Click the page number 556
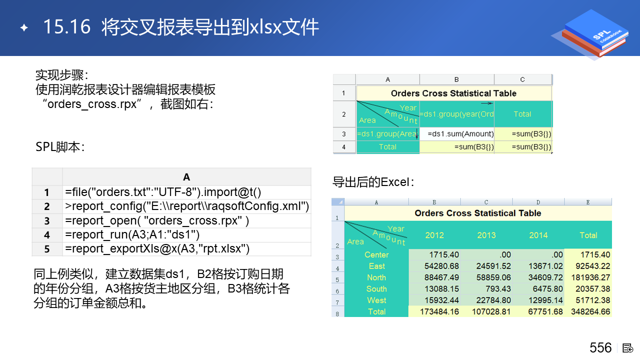[600, 347]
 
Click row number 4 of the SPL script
[47, 235]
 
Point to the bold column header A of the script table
[186, 177]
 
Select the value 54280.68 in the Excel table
[441, 266]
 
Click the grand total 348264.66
[590, 311]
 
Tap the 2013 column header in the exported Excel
[486, 235]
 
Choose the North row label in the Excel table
[376, 277]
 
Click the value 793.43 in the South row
[498, 289]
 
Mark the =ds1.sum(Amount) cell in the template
[460, 133]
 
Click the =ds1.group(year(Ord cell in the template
[456, 114]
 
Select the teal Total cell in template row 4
[387, 147]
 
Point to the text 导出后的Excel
[373, 182]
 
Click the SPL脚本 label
[60, 147]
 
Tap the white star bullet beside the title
[24, 27]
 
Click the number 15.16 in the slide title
[67, 26]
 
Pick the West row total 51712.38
[592, 300]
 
